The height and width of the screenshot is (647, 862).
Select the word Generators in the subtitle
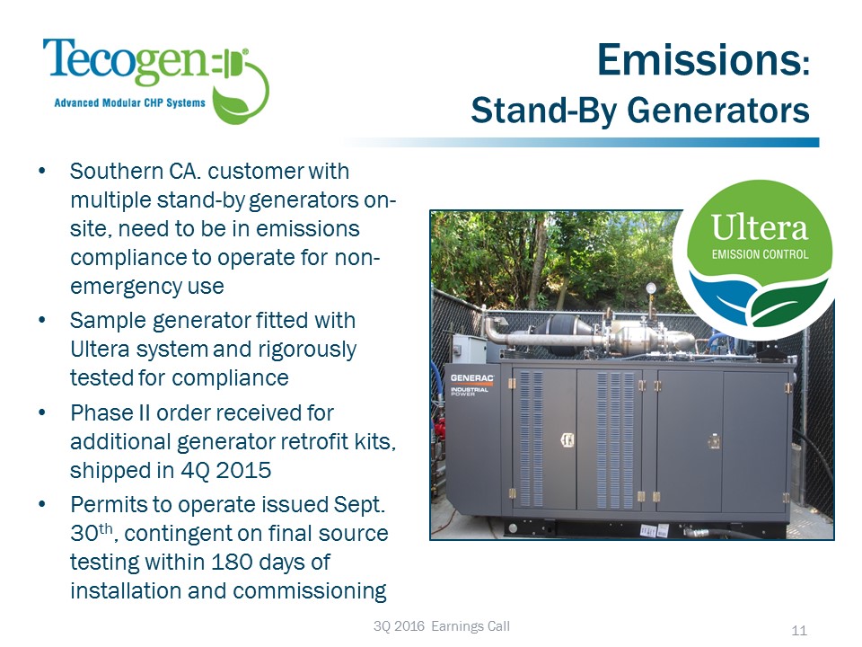(718, 110)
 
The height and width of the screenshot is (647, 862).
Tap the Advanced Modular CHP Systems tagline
(129, 102)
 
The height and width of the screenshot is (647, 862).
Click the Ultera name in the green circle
(760, 227)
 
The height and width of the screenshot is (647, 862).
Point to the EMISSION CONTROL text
(760, 254)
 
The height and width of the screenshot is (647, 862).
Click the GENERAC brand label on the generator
(471, 378)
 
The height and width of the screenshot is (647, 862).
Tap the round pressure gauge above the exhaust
(652, 288)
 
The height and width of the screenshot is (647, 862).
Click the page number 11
(799, 631)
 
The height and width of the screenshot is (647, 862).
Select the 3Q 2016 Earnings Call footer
(442, 626)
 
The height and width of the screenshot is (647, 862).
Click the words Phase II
(110, 413)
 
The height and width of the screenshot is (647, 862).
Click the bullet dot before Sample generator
(42, 320)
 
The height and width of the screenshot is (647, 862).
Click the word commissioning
(310, 591)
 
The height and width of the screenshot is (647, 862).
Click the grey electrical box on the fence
(469, 349)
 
